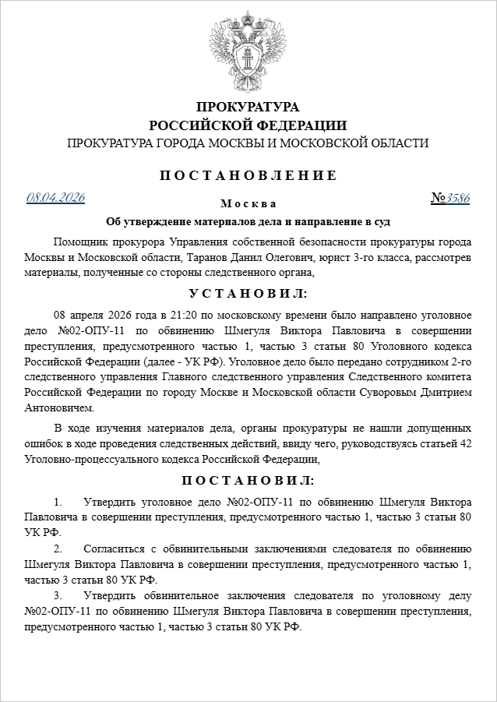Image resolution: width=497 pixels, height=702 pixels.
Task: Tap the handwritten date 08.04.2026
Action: pos(55,196)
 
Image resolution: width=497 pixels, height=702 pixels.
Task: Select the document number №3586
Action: pos(450,198)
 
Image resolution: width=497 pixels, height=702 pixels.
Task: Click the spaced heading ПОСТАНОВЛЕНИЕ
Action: pos(248,175)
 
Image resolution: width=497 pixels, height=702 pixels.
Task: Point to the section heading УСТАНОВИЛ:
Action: pos(248,294)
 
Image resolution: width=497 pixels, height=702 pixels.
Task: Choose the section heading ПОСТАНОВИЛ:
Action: pos(248,479)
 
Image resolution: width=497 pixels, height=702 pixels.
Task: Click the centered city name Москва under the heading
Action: pos(248,204)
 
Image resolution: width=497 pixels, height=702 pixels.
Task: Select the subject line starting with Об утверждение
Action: pos(248,221)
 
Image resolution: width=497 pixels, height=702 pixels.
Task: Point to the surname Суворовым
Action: pos(384,393)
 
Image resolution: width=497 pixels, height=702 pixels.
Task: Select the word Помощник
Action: pos(82,241)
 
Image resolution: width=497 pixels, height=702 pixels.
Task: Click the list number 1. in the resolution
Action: pos(58,500)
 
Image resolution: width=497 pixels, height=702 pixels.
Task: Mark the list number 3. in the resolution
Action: pos(58,595)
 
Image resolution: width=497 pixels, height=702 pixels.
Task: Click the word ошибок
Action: pos(41,444)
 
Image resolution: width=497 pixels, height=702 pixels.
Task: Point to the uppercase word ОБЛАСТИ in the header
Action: pos(399,143)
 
